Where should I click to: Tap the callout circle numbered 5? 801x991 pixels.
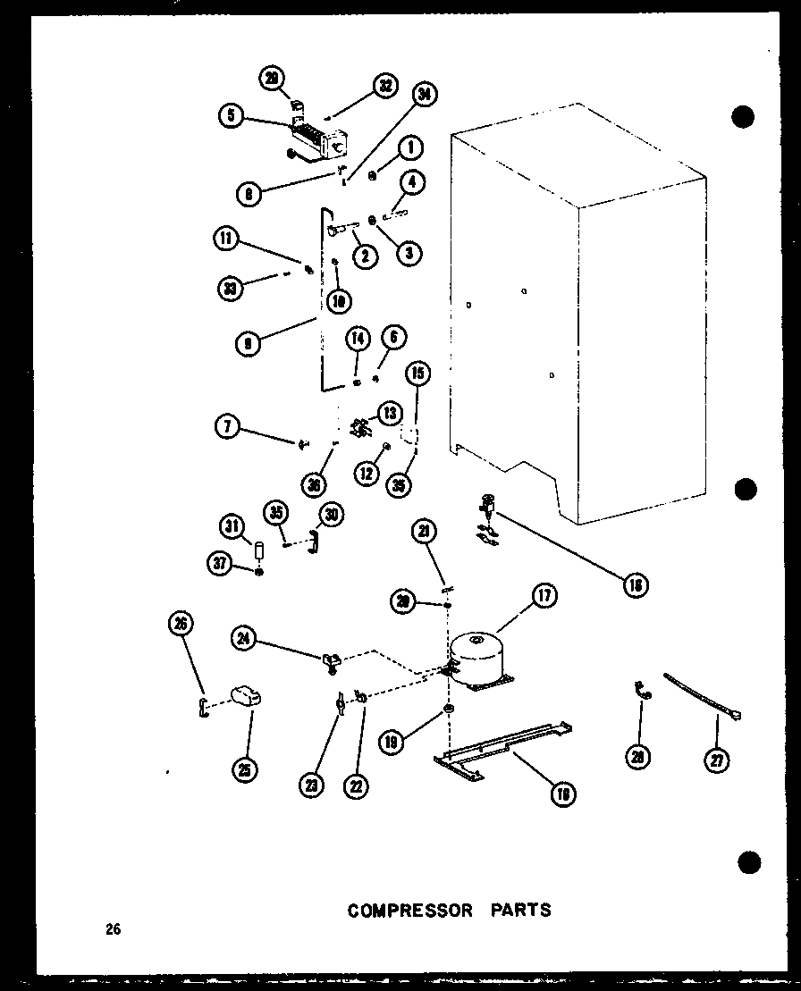tap(231, 115)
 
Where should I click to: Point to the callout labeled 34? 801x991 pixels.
tap(424, 96)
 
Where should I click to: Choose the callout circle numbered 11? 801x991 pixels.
tap(226, 239)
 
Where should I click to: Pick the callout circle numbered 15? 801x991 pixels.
tap(418, 374)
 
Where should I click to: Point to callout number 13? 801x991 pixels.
tap(390, 413)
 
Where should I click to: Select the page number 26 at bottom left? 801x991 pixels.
tap(112, 929)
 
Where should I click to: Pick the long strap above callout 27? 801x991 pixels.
tap(702, 697)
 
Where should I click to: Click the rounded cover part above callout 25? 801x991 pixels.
tap(246, 694)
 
